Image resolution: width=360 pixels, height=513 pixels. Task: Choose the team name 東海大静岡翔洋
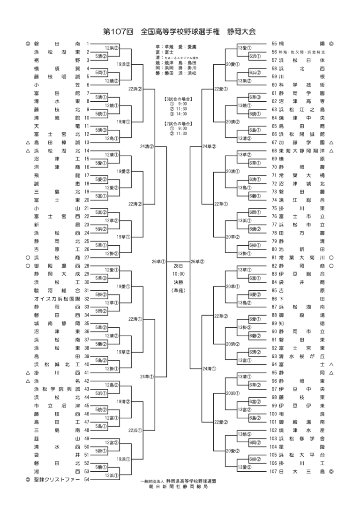(301, 151)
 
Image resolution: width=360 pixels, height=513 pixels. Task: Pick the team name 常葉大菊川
(301, 257)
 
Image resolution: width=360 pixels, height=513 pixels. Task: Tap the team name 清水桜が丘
(301, 356)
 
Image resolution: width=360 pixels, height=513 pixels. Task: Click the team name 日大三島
(301, 471)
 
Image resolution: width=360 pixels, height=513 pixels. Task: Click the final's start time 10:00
(178, 274)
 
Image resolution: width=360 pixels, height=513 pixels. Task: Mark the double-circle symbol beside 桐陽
(331, 44)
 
